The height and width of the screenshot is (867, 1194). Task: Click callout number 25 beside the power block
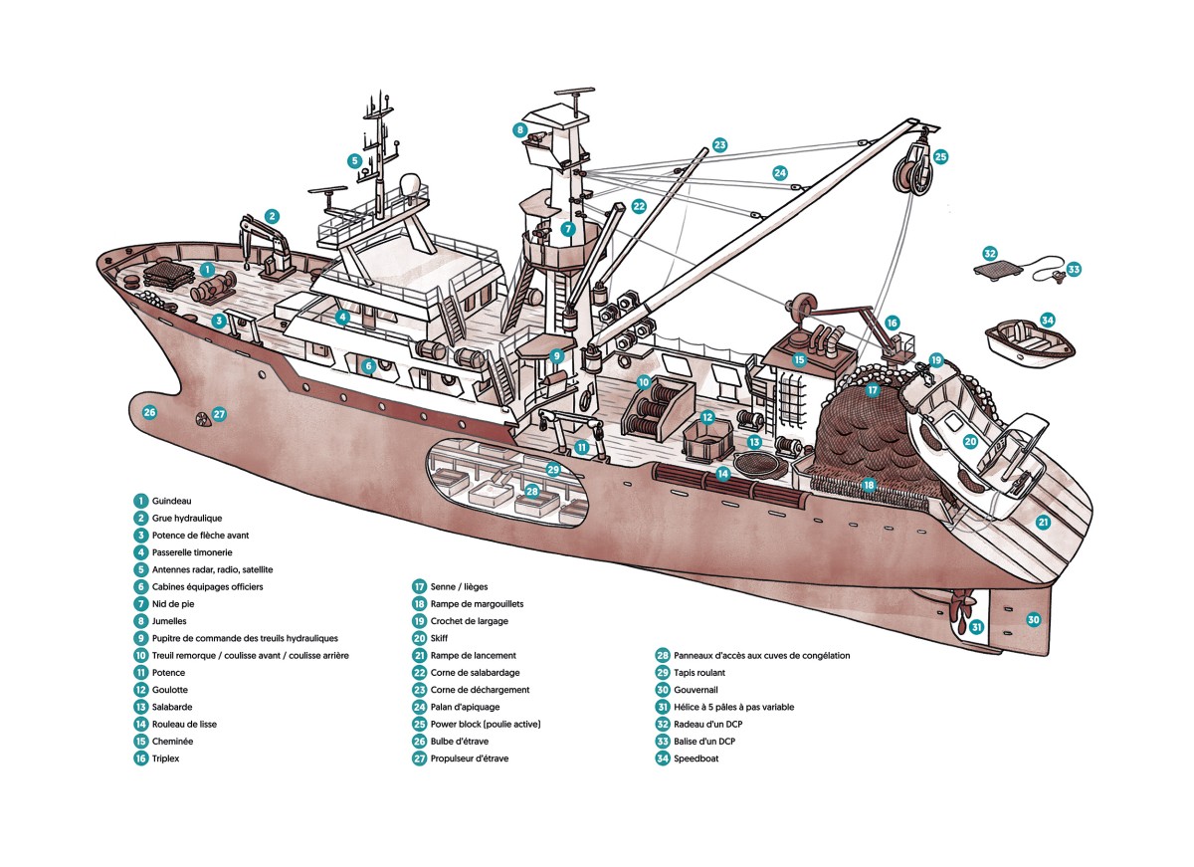pos(940,156)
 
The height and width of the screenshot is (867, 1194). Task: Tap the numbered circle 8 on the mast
pos(519,129)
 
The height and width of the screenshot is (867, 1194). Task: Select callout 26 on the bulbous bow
pos(150,412)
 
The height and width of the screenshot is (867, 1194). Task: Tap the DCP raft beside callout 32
pos(1002,268)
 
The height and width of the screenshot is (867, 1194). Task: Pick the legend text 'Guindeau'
pos(173,501)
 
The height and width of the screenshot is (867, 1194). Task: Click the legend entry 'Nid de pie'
pos(171,604)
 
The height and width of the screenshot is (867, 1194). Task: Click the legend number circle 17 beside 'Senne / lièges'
pos(419,587)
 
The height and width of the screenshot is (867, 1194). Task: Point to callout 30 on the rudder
pos(1034,619)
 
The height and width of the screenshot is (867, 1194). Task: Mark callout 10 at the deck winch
pos(644,382)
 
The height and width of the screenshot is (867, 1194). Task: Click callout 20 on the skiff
pos(971,441)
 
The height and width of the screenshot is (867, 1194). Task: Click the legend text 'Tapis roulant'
pos(705,673)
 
